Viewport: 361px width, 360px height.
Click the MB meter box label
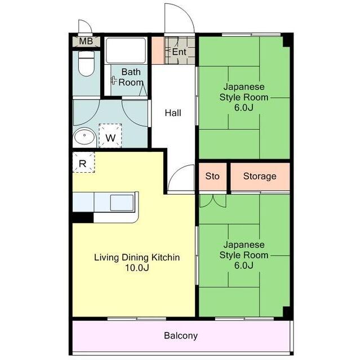pyautogui.click(x=86, y=42)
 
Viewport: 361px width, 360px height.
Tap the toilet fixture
pyautogui.click(x=86, y=64)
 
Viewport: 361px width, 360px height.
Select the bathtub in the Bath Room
pyautogui.click(x=126, y=51)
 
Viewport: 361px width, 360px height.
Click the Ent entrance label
pyautogui.click(x=179, y=52)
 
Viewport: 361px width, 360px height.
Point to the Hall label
pyautogui.click(x=173, y=113)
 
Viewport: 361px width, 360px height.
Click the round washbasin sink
pyautogui.click(x=84, y=137)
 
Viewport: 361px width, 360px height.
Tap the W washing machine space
pyautogui.click(x=110, y=136)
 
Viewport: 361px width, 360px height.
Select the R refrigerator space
pyautogui.click(x=83, y=162)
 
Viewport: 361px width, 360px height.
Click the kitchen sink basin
pyautogui.click(x=122, y=202)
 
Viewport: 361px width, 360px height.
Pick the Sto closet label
pyautogui.click(x=212, y=176)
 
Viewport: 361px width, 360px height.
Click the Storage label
pyautogui.click(x=260, y=176)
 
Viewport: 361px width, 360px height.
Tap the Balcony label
pyautogui.click(x=181, y=336)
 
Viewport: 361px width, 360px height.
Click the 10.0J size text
pyautogui.click(x=137, y=268)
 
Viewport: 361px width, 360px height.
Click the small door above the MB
pyautogui.click(x=85, y=26)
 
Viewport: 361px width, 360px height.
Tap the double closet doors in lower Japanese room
pyautogui.click(x=212, y=201)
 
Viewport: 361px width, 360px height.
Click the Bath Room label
pyautogui.click(x=131, y=77)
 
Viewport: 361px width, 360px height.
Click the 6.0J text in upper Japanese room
pyautogui.click(x=244, y=107)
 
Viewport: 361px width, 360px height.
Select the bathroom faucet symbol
pyautogui.click(x=114, y=80)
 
